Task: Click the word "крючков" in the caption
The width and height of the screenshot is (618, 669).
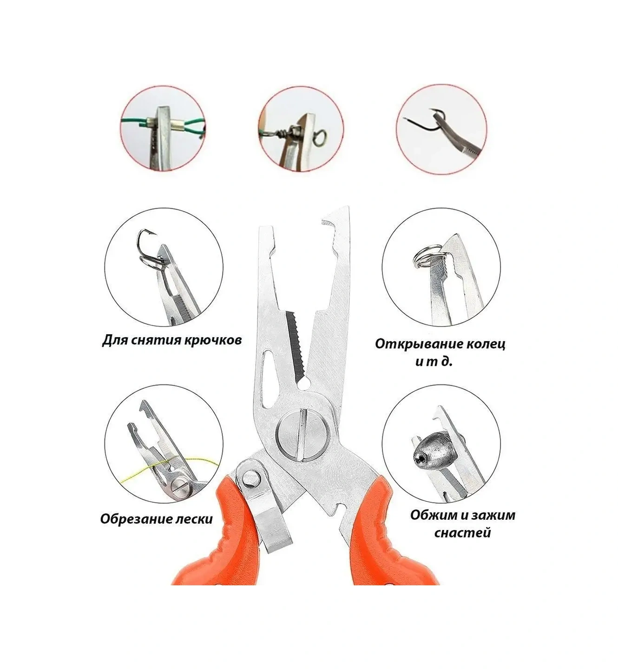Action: tap(212, 340)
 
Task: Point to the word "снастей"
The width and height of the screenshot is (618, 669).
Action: tap(462, 532)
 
